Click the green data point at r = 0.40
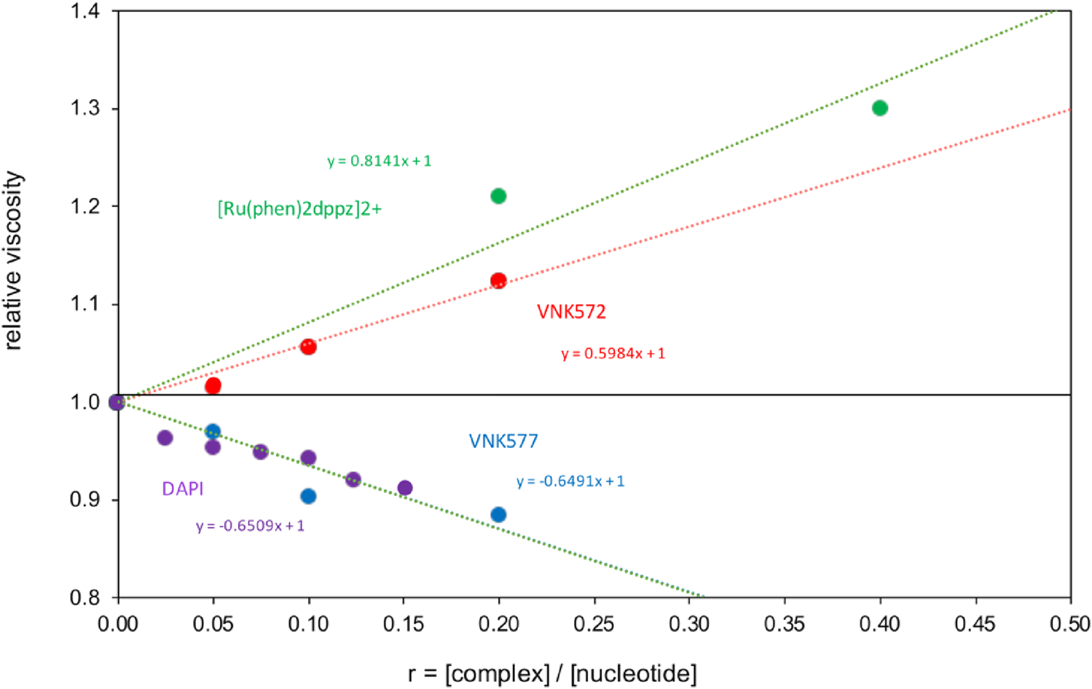click(879, 108)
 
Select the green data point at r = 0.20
click(498, 196)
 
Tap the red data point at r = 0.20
click(498, 281)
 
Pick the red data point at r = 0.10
click(308, 347)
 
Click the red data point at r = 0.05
click(213, 385)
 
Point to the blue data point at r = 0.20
click(498, 515)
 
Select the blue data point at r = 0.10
click(308, 496)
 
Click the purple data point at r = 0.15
click(405, 488)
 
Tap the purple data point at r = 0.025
click(165, 438)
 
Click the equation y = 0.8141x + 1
click(379, 161)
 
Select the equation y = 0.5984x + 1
click(613, 354)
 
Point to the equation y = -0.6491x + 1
click(570, 481)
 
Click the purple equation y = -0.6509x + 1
click(250, 526)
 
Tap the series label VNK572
click(571, 312)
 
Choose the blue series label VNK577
click(503, 441)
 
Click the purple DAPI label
click(182, 489)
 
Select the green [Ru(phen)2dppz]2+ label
click(299, 209)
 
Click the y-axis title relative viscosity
click(14, 261)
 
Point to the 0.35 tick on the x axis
click(785, 623)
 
